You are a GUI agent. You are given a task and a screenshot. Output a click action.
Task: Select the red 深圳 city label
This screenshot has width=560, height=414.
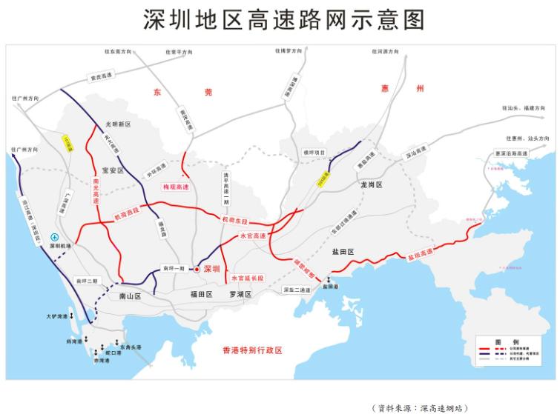coord(211,270)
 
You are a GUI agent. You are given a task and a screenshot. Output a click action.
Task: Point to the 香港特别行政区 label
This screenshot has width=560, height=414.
coord(253,350)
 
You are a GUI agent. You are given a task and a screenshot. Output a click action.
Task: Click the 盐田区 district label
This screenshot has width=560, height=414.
coord(343,253)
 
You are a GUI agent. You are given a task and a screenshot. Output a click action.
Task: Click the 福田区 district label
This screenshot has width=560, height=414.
coord(200,295)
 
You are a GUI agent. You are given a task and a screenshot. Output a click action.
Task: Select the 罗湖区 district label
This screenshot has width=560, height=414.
coord(240,295)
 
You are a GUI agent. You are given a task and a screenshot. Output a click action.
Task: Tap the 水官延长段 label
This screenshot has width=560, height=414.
coord(248,278)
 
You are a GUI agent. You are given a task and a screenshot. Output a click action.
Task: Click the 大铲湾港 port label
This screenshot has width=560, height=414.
coord(56,316)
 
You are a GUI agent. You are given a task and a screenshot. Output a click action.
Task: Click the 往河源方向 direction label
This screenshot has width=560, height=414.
coord(385,52)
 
